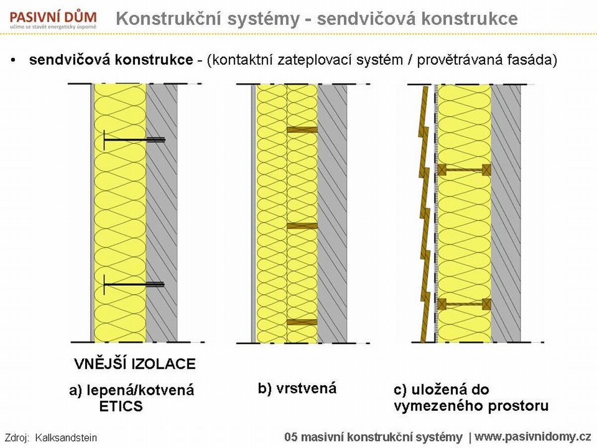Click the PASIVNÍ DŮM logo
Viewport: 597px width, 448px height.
pyautogui.click(x=53, y=20)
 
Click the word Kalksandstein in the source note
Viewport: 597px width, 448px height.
pyautogui.click(x=66, y=438)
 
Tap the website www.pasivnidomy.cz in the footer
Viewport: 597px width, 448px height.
pyautogui.click(x=533, y=437)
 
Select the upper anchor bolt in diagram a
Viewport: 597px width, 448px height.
pyautogui.click(x=134, y=140)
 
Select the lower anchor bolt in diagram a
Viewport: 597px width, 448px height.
pyautogui.click(x=134, y=285)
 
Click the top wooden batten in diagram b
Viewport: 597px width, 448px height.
pyautogui.click(x=302, y=130)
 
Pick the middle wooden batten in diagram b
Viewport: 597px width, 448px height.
pyautogui.click(x=302, y=226)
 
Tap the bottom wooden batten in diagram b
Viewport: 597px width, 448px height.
pyautogui.click(x=302, y=322)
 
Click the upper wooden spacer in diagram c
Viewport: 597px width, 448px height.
pyautogui.click(x=464, y=170)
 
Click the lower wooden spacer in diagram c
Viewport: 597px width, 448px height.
pyautogui.click(x=464, y=304)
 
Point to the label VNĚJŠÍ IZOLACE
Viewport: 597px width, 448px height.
pyautogui.click(x=135, y=363)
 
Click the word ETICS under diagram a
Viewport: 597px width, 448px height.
pyautogui.click(x=121, y=406)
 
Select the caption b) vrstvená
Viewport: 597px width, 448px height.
pyautogui.click(x=297, y=388)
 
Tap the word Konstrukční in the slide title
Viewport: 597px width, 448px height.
pyautogui.click(x=168, y=18)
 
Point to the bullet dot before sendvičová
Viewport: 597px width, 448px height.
pyautogui.click(x=13, y=60)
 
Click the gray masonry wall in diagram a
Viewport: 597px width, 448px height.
pyautogui.click(x=162, y=213)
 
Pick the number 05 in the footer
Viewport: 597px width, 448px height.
pyautogui.click(x=292, y=438)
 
